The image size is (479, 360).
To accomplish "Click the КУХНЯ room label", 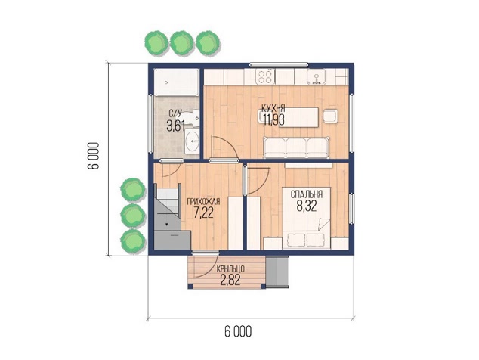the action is click(273, 108).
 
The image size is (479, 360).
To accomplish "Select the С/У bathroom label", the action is click(175, 113).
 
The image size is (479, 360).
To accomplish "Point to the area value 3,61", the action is click(175, 126).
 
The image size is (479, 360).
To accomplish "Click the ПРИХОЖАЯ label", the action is click(203, 202).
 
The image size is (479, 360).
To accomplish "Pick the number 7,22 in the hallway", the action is click(203, 213).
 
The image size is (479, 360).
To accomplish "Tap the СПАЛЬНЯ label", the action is click(307, 194).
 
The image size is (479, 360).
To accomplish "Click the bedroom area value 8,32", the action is click(307, 206).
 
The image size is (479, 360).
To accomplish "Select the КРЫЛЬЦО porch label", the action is click(230, 269).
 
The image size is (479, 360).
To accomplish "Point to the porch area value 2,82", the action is click(230, 280).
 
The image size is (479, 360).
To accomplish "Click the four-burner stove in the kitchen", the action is click(265, 76).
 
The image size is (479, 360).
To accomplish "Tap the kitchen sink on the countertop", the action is click(317, 76).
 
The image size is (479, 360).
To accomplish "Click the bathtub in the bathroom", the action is click(177, 82).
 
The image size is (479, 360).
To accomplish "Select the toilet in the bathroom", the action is click(190, 118).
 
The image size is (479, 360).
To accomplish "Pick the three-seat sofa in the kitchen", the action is click(297, 147).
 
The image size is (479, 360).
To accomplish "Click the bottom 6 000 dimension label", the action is click(238, 331).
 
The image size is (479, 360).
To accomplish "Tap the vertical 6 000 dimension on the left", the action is click(93, 156).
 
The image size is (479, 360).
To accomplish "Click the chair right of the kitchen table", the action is click(331, 116).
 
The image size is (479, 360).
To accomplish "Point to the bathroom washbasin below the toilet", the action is click(192, 141).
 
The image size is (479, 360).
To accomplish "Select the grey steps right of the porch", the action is click(277, 272).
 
